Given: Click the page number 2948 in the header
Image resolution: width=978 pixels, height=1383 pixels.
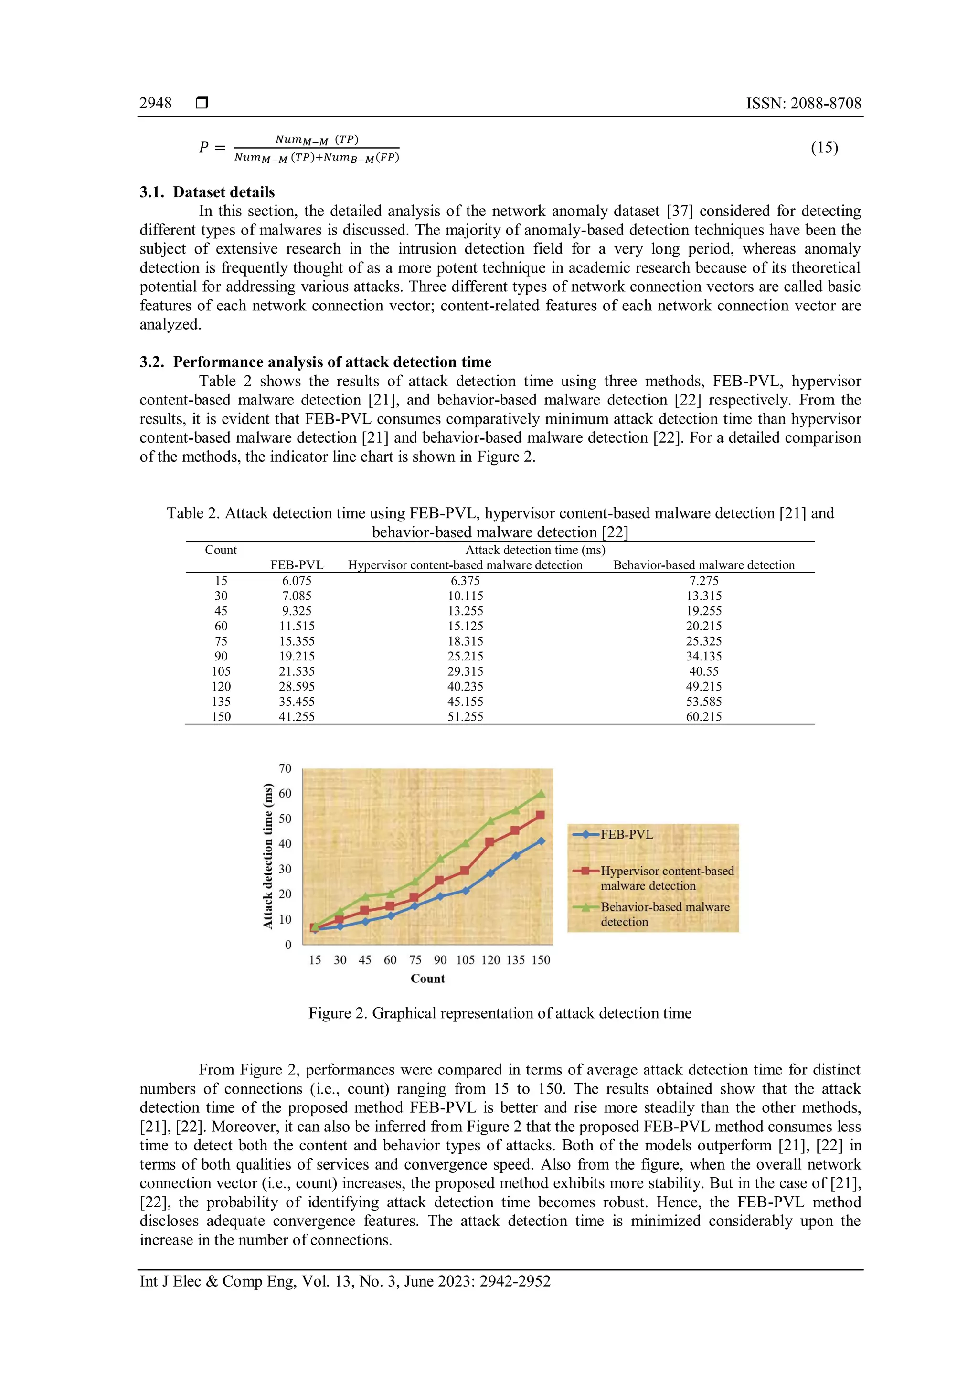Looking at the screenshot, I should click(155, 103).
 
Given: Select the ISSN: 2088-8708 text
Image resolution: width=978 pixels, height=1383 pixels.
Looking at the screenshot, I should click(803, 103).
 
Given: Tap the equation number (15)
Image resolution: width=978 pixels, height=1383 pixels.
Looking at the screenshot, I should click(824, 148).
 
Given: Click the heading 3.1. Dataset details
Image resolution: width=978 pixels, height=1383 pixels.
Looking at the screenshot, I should click(207, 192).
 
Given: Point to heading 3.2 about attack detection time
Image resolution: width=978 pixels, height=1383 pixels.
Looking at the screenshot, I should click(316, 362).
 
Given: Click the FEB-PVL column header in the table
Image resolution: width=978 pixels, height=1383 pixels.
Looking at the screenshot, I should click(296, 565).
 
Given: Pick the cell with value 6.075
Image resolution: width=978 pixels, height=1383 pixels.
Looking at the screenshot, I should click(296, 581).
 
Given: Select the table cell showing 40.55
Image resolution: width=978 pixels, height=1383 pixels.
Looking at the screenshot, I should click(703, 671).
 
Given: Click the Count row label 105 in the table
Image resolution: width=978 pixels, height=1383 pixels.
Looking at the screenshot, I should click(221, 671).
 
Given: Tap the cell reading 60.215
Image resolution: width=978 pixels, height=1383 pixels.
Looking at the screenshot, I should click(703, 717).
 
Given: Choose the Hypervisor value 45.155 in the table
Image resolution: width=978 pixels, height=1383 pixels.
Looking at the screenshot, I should click(465, 702).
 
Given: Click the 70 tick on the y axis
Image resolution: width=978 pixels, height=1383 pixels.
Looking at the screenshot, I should click(285, 768).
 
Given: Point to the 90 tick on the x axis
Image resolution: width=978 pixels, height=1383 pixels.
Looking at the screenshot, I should click(440, 960).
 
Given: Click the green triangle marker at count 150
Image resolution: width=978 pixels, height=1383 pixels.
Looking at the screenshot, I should click(541, 794).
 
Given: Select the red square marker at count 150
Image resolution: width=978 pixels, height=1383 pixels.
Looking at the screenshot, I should click(540, 815).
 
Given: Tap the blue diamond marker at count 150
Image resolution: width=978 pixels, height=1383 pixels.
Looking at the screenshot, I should click(541, 841).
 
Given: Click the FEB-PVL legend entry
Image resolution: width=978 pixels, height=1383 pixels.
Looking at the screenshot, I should click(627, 834).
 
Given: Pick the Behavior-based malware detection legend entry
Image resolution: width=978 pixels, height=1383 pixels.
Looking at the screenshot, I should click(664, 914).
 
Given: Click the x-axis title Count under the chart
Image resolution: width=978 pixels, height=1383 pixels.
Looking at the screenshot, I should click(427, 979).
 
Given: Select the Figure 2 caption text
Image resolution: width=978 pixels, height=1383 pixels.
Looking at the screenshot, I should click(500, 1013).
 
